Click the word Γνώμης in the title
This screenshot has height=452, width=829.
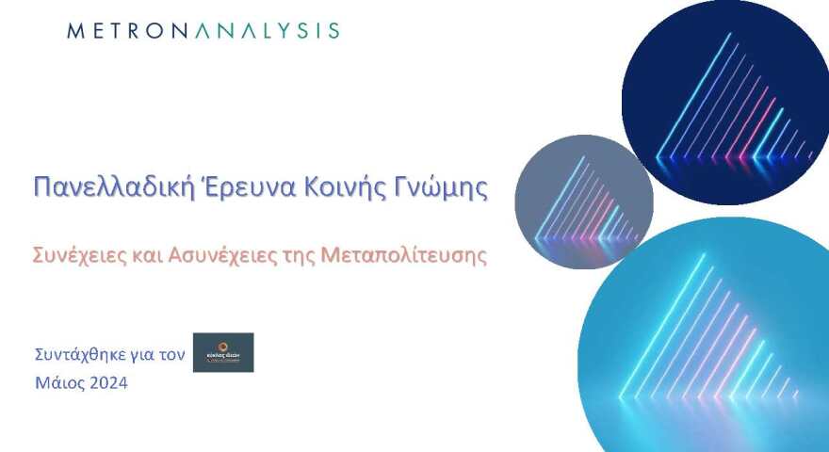click(x=442, y=186)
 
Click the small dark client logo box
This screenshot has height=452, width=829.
click(x=223, y=352)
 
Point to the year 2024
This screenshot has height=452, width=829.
click(x=108, y=383)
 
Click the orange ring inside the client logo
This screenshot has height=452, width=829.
click(x=223, y=346)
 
